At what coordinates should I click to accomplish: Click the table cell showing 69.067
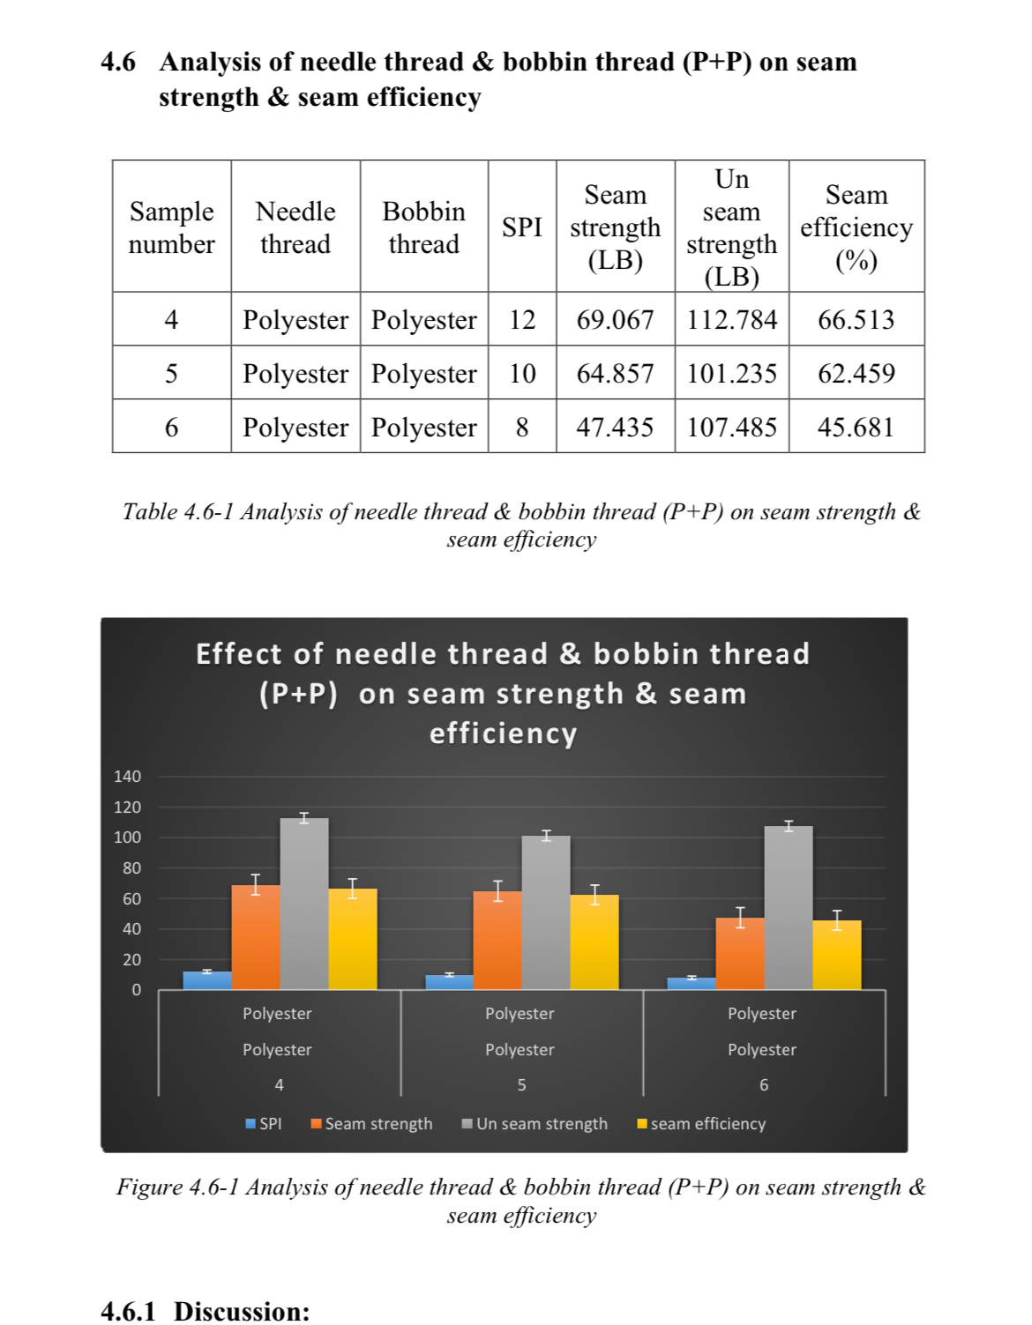615,319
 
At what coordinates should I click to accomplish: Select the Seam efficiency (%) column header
856,227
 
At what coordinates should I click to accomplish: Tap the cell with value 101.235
731,373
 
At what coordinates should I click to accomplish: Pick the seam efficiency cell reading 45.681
856,427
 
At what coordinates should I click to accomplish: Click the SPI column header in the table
521,227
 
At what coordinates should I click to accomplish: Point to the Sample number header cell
171,227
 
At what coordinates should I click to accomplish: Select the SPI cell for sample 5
521,373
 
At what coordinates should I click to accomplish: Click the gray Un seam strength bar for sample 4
304,904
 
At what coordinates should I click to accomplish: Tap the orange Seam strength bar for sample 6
740,954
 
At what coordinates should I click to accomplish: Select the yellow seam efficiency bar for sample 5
595,942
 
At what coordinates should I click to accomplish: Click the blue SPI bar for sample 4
207,980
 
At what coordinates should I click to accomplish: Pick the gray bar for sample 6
789,908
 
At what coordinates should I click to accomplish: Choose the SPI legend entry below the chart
264,1124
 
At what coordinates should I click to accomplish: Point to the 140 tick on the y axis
127,777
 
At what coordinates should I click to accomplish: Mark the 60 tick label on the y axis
131,899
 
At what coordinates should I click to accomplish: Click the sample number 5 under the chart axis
521,1085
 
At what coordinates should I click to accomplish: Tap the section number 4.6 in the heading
118,62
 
